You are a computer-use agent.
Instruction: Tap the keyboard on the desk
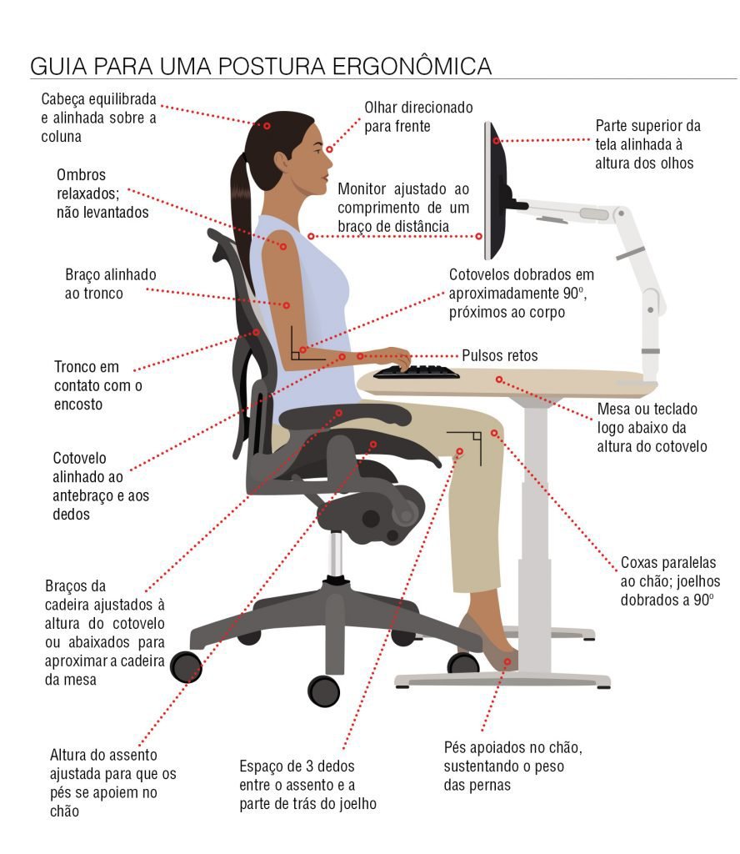(x=416, y=372)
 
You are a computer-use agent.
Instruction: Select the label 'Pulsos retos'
(x=500, y=355)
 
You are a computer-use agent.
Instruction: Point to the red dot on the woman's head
(x=267, y=126)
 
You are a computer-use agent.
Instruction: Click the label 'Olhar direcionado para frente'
(x=418, y=117)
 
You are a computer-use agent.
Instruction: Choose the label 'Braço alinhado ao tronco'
(x=110, y=284)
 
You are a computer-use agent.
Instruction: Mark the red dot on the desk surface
(x=500, y=379)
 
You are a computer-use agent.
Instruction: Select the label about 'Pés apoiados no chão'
(x=512, y=766)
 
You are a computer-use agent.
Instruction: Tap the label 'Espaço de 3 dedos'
(x=308, y=784)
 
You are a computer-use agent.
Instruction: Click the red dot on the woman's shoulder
(x=283, y=246)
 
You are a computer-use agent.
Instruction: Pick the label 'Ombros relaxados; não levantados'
(x=102, y=193)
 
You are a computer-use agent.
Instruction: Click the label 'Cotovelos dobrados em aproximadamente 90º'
(x=521, y=293)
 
